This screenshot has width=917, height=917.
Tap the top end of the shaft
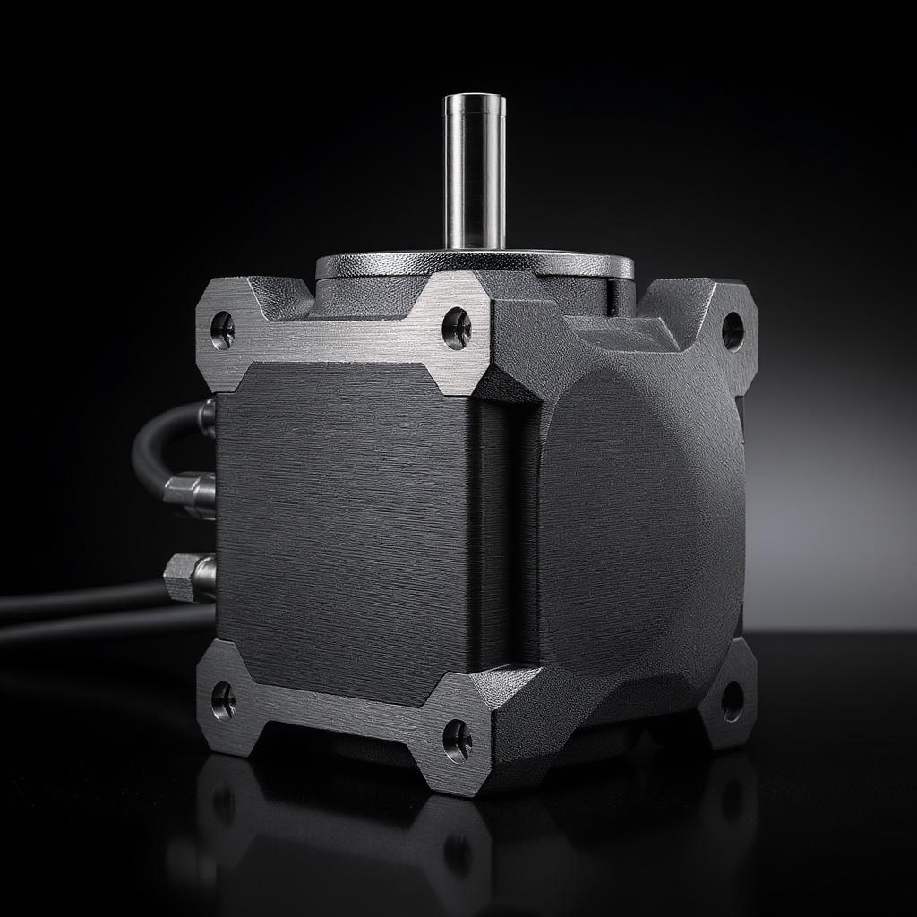click(474, 99)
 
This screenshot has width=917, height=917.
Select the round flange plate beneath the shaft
click(474, 263)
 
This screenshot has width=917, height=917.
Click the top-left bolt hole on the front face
click(222, 330)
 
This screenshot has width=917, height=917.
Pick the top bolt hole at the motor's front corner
click(457, 328)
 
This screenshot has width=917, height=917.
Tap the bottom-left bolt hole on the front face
click(223, 699)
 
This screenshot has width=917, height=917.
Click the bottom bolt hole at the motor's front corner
click(458, 740)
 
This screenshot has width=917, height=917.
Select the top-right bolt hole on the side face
click(733, 330)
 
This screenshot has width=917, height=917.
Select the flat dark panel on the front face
click(345, 528)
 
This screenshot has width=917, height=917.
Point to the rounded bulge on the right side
click(640, 519)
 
